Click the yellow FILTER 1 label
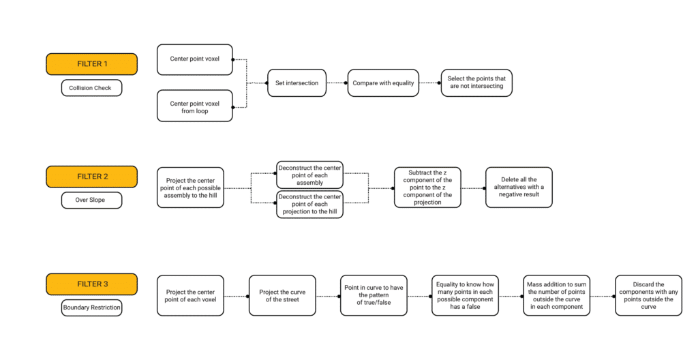(x=92, y=64)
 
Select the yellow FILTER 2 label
(x=92, y=177)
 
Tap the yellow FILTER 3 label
(x=92, y=284)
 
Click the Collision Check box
(x=92, y=88)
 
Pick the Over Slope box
(x=92, y=200)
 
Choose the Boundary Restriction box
(x=92, y=308)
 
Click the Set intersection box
(x=297, y=83)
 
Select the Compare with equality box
(x=383, y=83)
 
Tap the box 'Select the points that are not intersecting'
(x=476, y=83)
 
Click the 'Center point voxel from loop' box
(x=195, y=106)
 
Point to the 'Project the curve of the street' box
(x=282, y=296)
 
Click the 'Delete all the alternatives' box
(x=519, y=187)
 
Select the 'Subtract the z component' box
(x=427, y=187)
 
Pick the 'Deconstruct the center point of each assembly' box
(x=310, y=175)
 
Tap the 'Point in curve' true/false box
(x=374, y=296)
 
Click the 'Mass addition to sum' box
(x=557, y=296)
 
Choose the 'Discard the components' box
(x=649, y=296)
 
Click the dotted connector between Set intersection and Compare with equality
(x=337, y=83)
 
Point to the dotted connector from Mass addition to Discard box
(x=603, y=297)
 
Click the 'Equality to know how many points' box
(x=465, y=296)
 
